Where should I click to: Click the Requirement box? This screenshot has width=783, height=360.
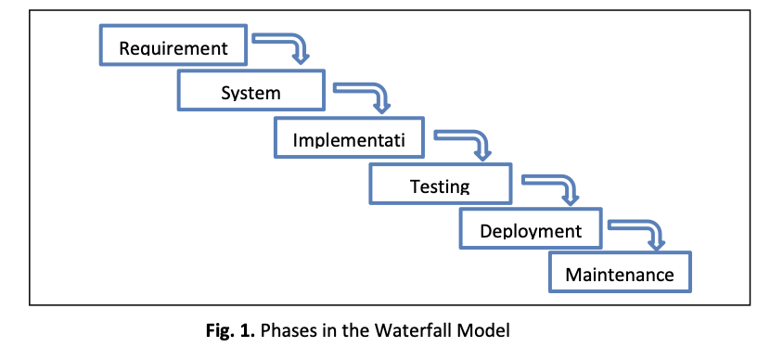click(173, 45)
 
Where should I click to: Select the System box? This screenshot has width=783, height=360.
click(251, 90)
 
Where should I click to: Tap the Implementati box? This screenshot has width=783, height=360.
click(349, 137)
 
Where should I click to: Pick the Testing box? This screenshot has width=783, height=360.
click(441, 184)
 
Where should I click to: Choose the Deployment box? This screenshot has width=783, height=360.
click(531, 228)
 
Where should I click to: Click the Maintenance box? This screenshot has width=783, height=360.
click(620, 272)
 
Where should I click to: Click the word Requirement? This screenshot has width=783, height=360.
click(173, 48)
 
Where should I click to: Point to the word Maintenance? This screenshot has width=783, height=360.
click(620, 275)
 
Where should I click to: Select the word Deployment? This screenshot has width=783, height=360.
click(531, 231)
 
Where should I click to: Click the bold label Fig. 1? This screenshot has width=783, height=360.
click(230, 330)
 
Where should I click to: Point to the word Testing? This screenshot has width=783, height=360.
click(440, 186)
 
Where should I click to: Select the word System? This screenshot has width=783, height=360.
click(250, 93)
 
